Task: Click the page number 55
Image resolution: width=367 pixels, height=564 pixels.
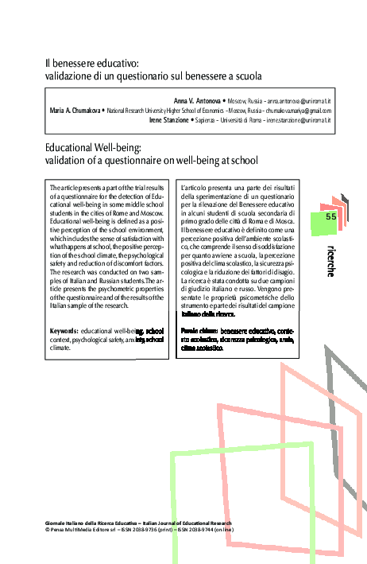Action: [331, 216]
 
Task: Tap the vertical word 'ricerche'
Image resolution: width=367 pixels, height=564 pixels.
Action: [330, 260]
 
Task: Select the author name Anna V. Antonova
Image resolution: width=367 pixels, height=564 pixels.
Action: [198, 103]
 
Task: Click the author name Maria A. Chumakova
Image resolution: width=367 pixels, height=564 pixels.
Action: [73, 111]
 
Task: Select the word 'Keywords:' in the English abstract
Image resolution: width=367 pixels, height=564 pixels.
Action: [63, 329]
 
